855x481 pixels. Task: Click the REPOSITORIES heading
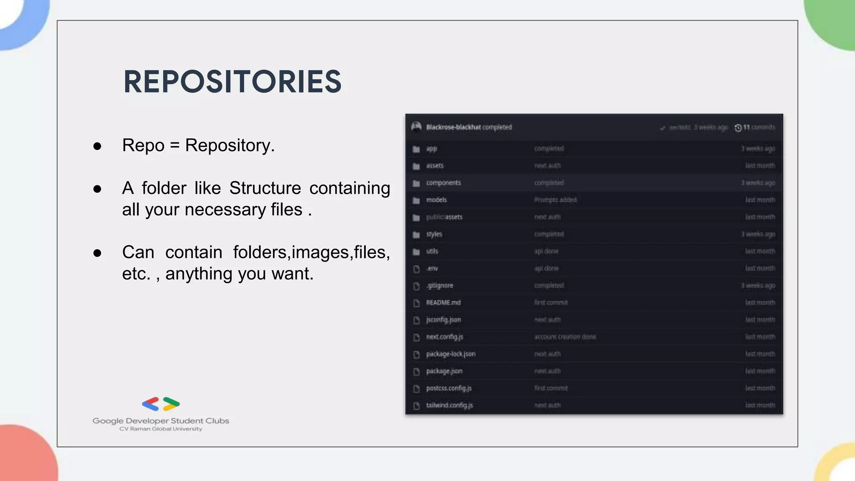233,81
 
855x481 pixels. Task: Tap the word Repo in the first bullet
143,145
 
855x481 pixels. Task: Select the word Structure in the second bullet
265,188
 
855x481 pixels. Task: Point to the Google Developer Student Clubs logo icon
161,404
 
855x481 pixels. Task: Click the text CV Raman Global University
161,429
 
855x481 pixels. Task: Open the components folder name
443,183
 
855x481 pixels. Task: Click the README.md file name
443,303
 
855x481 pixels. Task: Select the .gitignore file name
440,286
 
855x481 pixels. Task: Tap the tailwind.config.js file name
449,405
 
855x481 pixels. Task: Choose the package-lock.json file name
450,354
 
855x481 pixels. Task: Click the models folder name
436,200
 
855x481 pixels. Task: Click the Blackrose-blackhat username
453,127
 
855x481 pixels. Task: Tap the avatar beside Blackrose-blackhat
416,127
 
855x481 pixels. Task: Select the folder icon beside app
416,149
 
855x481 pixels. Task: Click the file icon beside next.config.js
416,337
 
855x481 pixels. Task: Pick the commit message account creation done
565,337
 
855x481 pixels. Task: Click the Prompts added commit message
555,200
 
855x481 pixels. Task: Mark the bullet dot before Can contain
97,253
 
